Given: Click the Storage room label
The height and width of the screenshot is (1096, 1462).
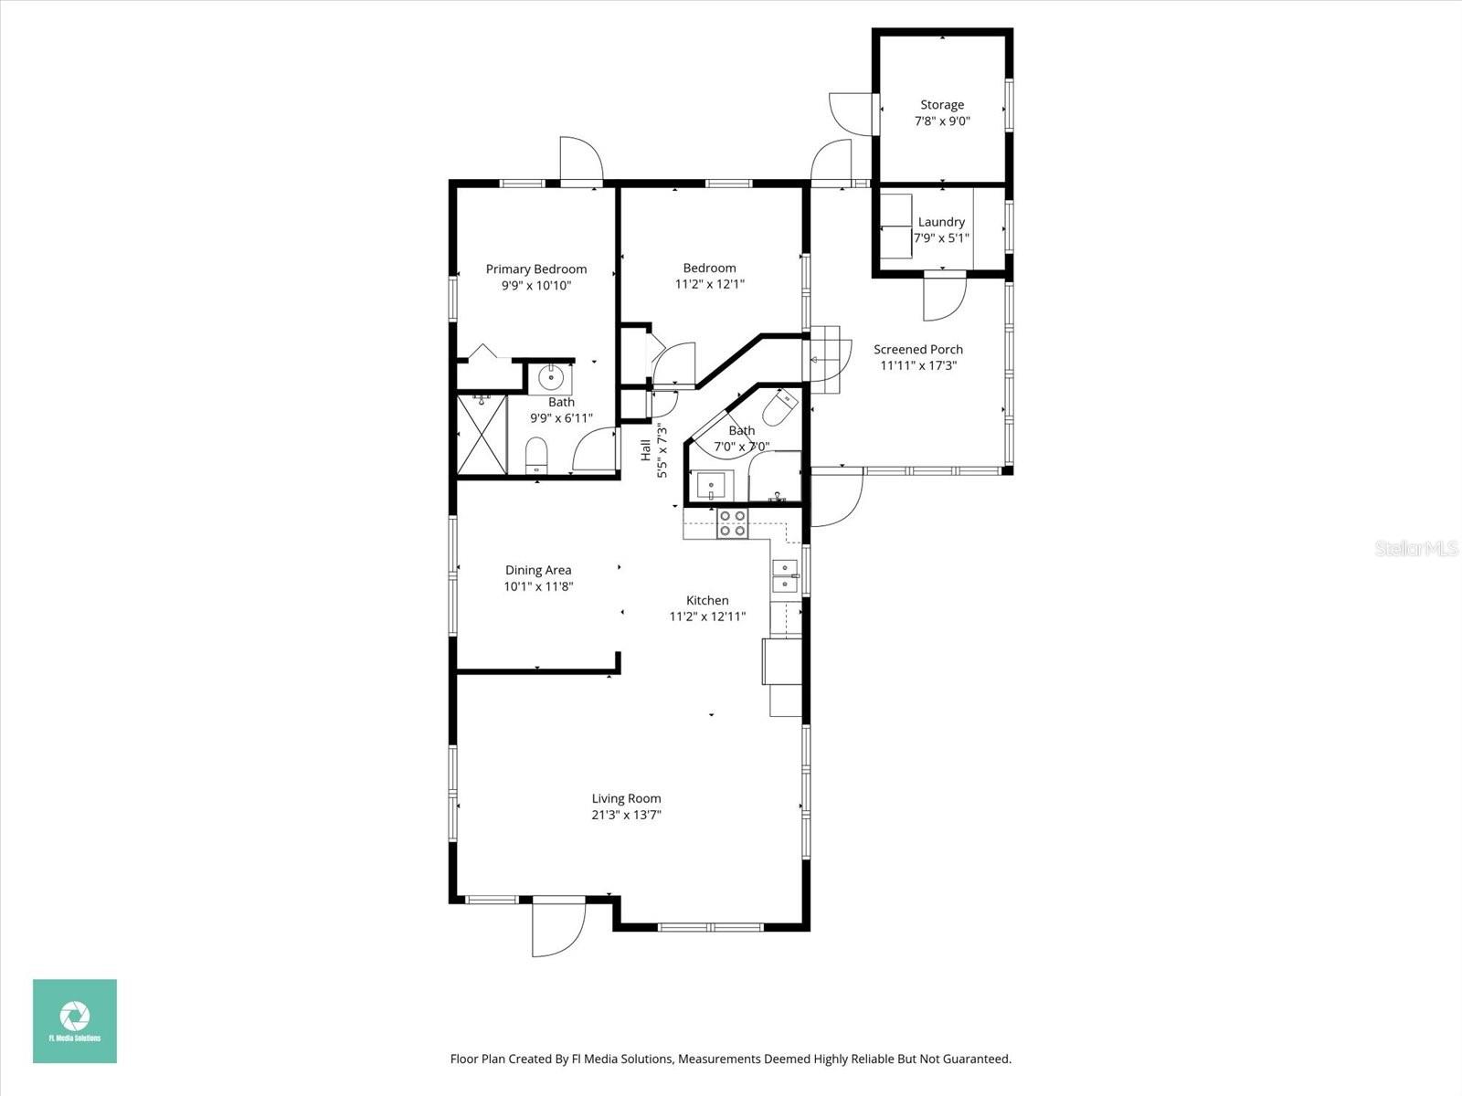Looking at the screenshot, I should coord(941,105).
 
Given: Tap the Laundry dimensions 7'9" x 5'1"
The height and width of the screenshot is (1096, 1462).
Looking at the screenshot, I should coord(941,238).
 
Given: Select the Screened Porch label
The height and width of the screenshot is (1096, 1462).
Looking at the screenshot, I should coord(917,349).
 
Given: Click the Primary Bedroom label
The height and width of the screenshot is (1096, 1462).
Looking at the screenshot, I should coord(535,269).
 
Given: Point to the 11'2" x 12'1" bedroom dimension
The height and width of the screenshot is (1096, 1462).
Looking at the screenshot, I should coord(709,284).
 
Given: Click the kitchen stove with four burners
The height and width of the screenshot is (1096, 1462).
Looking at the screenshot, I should coord(732,522).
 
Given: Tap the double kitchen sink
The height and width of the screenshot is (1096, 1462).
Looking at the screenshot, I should coord(784,575).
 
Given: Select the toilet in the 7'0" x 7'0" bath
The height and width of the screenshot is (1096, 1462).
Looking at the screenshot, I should coord(782,407).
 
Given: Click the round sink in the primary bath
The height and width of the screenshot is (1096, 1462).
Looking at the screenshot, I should coord(551,376).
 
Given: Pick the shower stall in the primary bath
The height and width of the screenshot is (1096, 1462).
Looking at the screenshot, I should coord(481,435).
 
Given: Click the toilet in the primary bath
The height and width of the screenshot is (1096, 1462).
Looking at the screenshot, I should coord(536,455).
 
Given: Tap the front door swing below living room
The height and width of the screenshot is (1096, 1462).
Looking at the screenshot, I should coord(557,927).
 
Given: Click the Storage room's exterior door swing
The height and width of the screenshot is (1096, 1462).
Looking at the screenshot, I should coord(850,113).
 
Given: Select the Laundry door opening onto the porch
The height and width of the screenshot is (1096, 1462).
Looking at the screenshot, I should coord(944,297).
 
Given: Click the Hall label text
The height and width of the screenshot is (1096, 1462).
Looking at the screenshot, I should coord(645,449).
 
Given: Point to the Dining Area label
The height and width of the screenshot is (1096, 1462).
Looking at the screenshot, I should coord(537,570).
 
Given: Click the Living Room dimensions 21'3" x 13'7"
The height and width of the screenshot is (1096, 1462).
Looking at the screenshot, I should coord(626,815).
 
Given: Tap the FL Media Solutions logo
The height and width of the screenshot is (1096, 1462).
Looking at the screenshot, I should coord(75,1020).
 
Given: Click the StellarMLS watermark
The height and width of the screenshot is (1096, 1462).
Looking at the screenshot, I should coord(1416,548).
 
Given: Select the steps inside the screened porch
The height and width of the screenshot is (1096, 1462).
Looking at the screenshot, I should coord(825,358).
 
